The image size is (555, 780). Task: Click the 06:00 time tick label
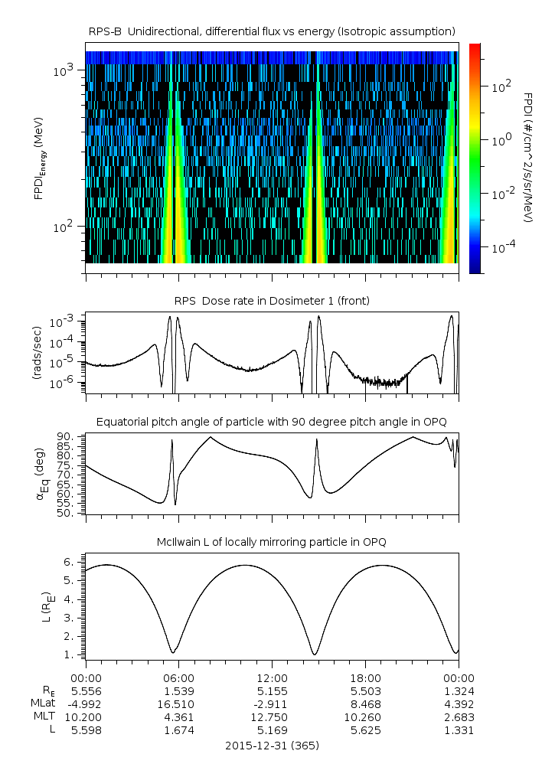(x=178, y=677)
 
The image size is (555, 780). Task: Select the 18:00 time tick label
(x=365, y=677)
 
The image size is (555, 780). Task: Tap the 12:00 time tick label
(x=272, y=677)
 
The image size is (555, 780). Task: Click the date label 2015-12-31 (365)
(x=272, y=745)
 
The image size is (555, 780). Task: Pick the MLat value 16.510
(x=178, y=703)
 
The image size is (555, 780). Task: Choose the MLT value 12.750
(x=272, y=717)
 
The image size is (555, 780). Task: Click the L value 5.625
(x=365, y=730)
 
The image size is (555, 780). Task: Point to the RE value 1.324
(x=459, y=690)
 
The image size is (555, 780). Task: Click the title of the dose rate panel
(x=272, y=301)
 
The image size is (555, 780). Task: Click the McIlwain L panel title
(x=272, y=542)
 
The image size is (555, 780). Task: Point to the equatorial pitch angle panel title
(x=272, y=422)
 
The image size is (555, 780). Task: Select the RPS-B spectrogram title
(x=272, y=31)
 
